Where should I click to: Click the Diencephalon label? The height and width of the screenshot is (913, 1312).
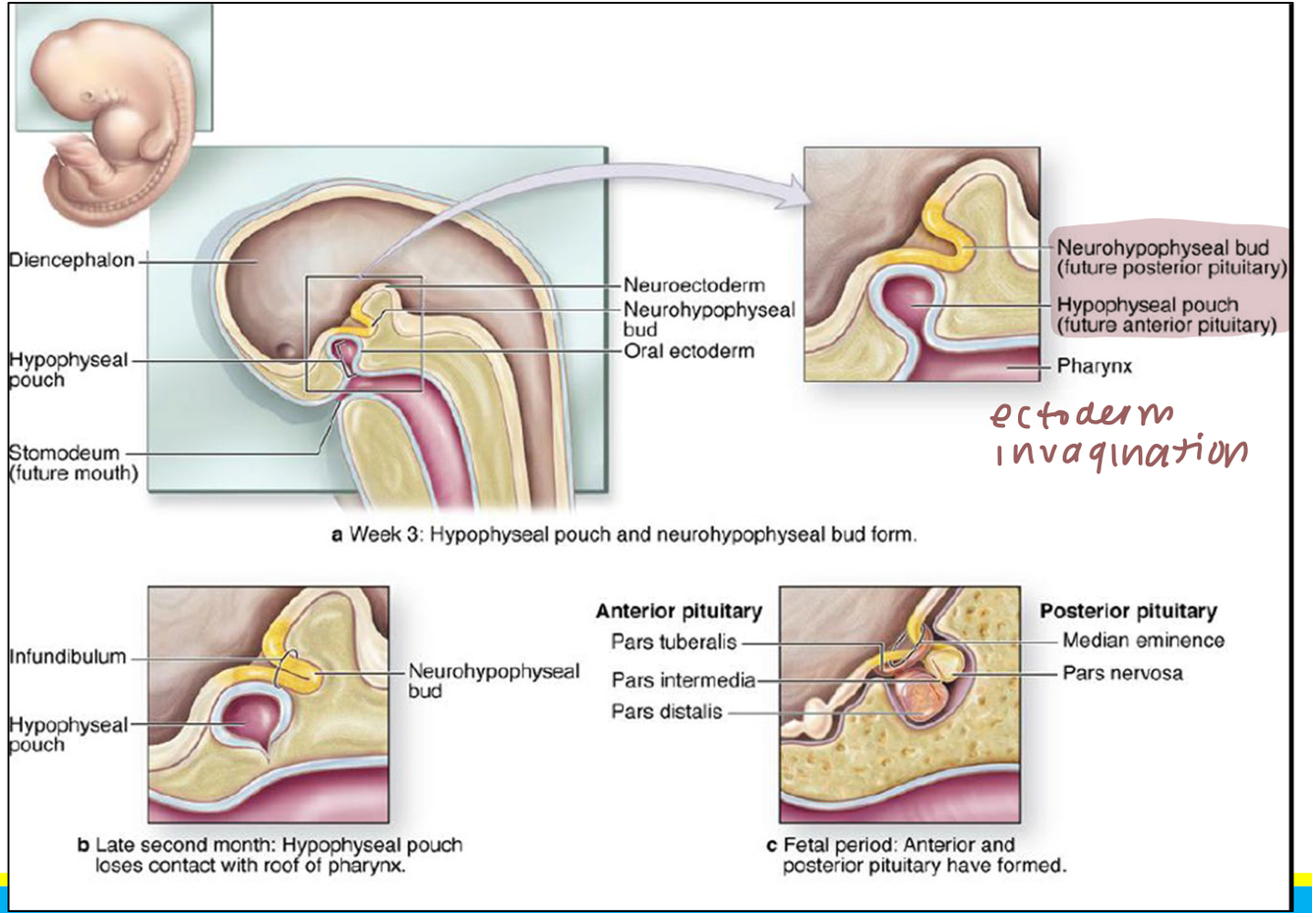pyautogui.click(x=71, y=261)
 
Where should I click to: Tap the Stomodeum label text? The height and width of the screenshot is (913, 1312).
pyautogui.click(x=65, y=454)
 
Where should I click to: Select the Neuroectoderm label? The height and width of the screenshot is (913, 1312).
pyautogui.click(x=693, y=286)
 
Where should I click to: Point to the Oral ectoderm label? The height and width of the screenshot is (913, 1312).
pyautogui.click(x=688, y=351)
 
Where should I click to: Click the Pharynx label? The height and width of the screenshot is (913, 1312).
pyautogui.click(x=1094, y=366)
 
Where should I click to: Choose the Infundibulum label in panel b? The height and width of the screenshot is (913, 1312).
pyautogui.click(x=67, y=656)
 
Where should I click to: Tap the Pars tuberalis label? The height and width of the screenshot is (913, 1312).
pyautogui.click(x=673, y=642)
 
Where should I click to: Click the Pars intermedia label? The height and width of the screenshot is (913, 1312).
pyautogui.click(x=683, y=680)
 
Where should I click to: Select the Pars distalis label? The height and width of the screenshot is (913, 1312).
pyautogui.click(x=666, y=711)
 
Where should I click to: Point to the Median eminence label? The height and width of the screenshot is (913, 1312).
pyautogui.click(x=1143, y=640)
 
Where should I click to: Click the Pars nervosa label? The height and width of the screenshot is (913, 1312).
pyautogui.click(x=1122, y=674)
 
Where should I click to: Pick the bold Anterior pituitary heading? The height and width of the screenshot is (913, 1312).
pyautogui.click(x=678, y=611)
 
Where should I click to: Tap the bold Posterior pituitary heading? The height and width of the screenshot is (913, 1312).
pyautogui.click(x=1128, y=611)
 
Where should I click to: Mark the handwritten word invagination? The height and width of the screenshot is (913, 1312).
pyautogui.click(x=1120, y=454)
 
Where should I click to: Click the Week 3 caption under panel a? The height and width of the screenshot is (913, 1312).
pyautogui.click(x=624, y=535)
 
